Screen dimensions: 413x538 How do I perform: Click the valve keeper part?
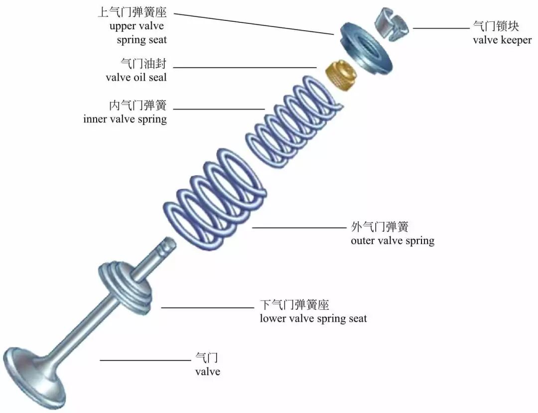point(392,23)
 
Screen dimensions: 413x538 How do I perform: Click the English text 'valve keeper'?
point(502,40)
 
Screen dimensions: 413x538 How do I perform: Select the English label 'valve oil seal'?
point(136,78)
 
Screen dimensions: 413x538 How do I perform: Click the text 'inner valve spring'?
point(125,119)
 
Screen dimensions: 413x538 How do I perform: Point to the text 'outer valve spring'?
point(393,241)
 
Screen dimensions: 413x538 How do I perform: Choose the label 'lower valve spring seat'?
point(313,318)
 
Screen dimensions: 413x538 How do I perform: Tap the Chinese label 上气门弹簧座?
point(132,12)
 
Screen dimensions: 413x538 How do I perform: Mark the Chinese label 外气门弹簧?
point(380,227)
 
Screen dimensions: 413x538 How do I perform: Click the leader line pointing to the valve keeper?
point(441,28)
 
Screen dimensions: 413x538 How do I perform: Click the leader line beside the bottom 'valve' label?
point(145,360)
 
